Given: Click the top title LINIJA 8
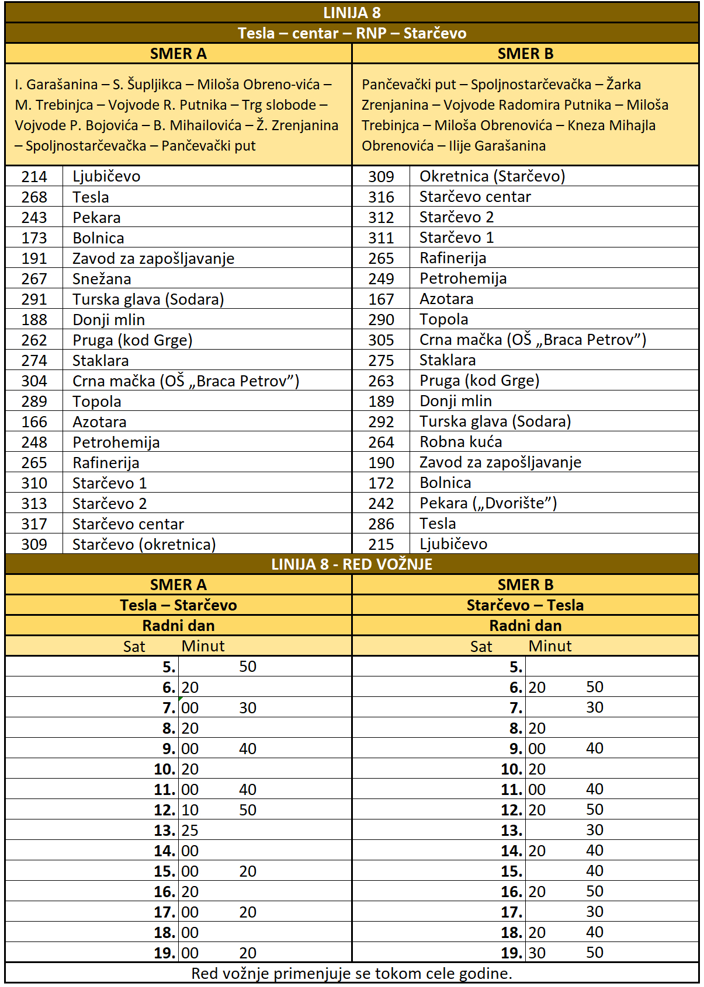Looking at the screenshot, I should [x=352, y=13].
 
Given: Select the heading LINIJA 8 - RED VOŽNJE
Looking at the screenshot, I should [x=352, y=564].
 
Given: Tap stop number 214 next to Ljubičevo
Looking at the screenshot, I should [x=34, y=176].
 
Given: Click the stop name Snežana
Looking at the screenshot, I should [x=102, y=279].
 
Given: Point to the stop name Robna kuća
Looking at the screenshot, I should [x=460, y=442].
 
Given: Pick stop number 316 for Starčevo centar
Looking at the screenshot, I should [x=381, y=197].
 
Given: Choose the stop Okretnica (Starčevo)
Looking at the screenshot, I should [x=492, y=176].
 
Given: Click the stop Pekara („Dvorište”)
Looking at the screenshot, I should [x=488, y=503].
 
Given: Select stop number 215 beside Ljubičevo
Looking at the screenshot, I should [x=381, y=544].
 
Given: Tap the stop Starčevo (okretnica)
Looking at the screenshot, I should [x=144, y=545].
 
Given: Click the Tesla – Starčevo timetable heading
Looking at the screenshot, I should [x=178, y=605].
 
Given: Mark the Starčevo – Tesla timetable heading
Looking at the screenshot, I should [x=525, y=605].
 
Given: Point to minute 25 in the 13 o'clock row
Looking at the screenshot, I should [x=190, y=830].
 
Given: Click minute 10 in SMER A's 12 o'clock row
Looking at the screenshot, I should [x=190, y=810].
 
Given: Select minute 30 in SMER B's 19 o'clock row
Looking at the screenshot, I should [x=537, y=953].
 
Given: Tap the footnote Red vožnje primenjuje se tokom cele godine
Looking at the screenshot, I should [x=352, y=974].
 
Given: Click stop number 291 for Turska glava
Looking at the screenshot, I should [x=34, y=299].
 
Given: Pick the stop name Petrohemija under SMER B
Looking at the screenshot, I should [x=463, y=278].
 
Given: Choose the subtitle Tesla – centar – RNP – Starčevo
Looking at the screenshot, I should [x=352, y=33].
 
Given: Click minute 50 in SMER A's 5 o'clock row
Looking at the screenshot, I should [x=248, y=667].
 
